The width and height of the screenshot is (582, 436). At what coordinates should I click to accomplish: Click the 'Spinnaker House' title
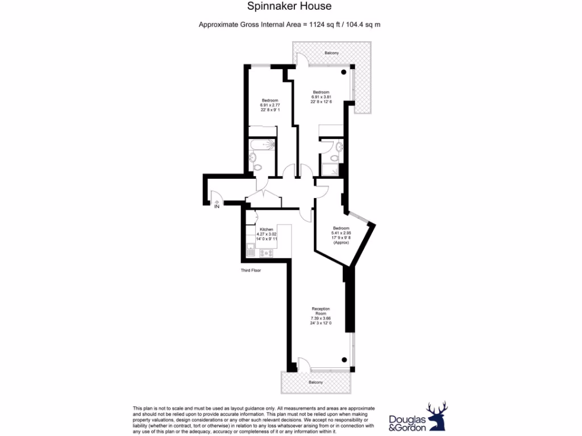pyautogui.click(x=289, y=7)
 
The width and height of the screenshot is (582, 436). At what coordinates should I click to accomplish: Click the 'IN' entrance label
pyautogui.click(x=217, y=207)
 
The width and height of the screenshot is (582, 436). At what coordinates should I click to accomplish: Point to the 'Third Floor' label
pyautogui.click(x=250, y=271)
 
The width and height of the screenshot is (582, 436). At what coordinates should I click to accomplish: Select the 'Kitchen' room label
pyautogui.click(x=267, y=229)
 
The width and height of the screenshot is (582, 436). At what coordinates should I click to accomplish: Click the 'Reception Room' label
pyautogui.click(x=321, y=311)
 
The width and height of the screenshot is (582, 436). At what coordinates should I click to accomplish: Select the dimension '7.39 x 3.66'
pyautogui.click(x=321, y=319)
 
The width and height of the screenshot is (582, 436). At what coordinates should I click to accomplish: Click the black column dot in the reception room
pyautogui.click(x=344, y=359)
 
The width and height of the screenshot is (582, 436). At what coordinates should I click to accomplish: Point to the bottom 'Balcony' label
pyautogui.click(x=315, y=382)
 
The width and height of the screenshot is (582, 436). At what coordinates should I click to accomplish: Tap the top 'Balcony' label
pyautogui.click(x=332, y=53)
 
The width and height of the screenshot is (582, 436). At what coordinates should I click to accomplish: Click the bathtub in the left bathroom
pyautogui.click(x=262, y=145)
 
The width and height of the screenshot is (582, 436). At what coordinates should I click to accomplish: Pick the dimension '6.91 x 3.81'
pyautogui.click(x=321, y=97)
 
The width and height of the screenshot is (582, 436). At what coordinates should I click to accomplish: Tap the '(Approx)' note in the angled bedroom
pyautogui.click(x=341, y=242)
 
